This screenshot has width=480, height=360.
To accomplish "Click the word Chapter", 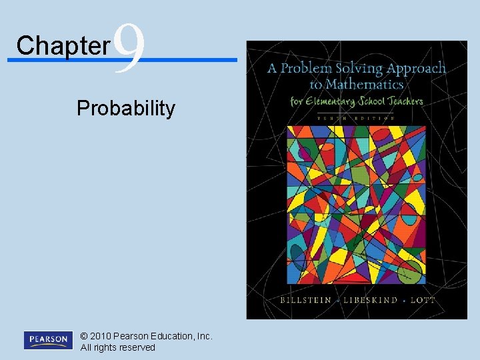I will tap(63, 45).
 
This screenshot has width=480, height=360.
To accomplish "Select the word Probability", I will tap(126, 108).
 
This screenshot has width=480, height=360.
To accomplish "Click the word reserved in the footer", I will tap(137, 347).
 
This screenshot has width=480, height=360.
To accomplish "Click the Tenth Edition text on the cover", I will tap(357, 117).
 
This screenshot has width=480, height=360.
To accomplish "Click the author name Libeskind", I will tap(361, 300).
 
